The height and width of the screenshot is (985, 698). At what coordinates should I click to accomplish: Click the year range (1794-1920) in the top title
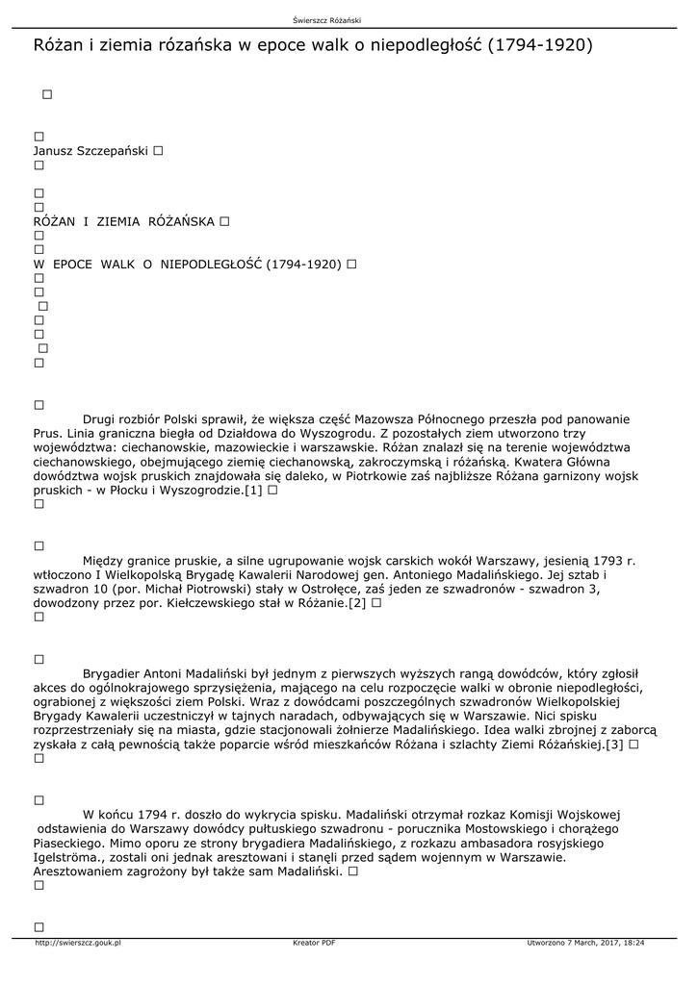coord(541,44)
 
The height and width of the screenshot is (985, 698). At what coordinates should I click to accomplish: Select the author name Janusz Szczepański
coord(90,151)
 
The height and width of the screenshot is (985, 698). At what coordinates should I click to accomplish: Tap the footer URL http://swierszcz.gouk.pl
coord(77,943)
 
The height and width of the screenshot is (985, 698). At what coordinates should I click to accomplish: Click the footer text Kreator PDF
coord(314,943)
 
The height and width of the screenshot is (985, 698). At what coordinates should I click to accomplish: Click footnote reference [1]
coord(253,490)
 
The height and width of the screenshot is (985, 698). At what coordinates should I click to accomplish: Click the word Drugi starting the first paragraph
coord(99,419)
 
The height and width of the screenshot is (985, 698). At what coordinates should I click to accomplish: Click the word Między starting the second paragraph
coord(104,560)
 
